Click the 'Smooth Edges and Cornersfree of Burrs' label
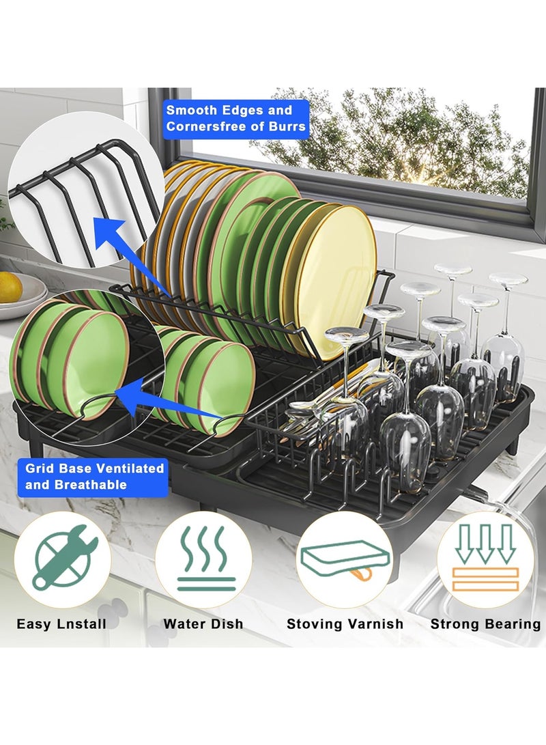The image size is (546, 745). click(x=236, y=118)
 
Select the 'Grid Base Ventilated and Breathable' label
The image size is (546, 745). click(x=95, y=476)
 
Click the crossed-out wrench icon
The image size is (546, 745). click(x=62, y=559)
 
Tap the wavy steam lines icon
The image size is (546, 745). click(x=204, y=559)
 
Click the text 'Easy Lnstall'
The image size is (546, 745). click(x=61, y=623)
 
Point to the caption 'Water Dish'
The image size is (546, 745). click(x=203, y=623)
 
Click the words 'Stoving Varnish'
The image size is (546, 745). click(x=345, y=623)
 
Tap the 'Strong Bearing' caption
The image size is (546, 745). click(x=485, y=623)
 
